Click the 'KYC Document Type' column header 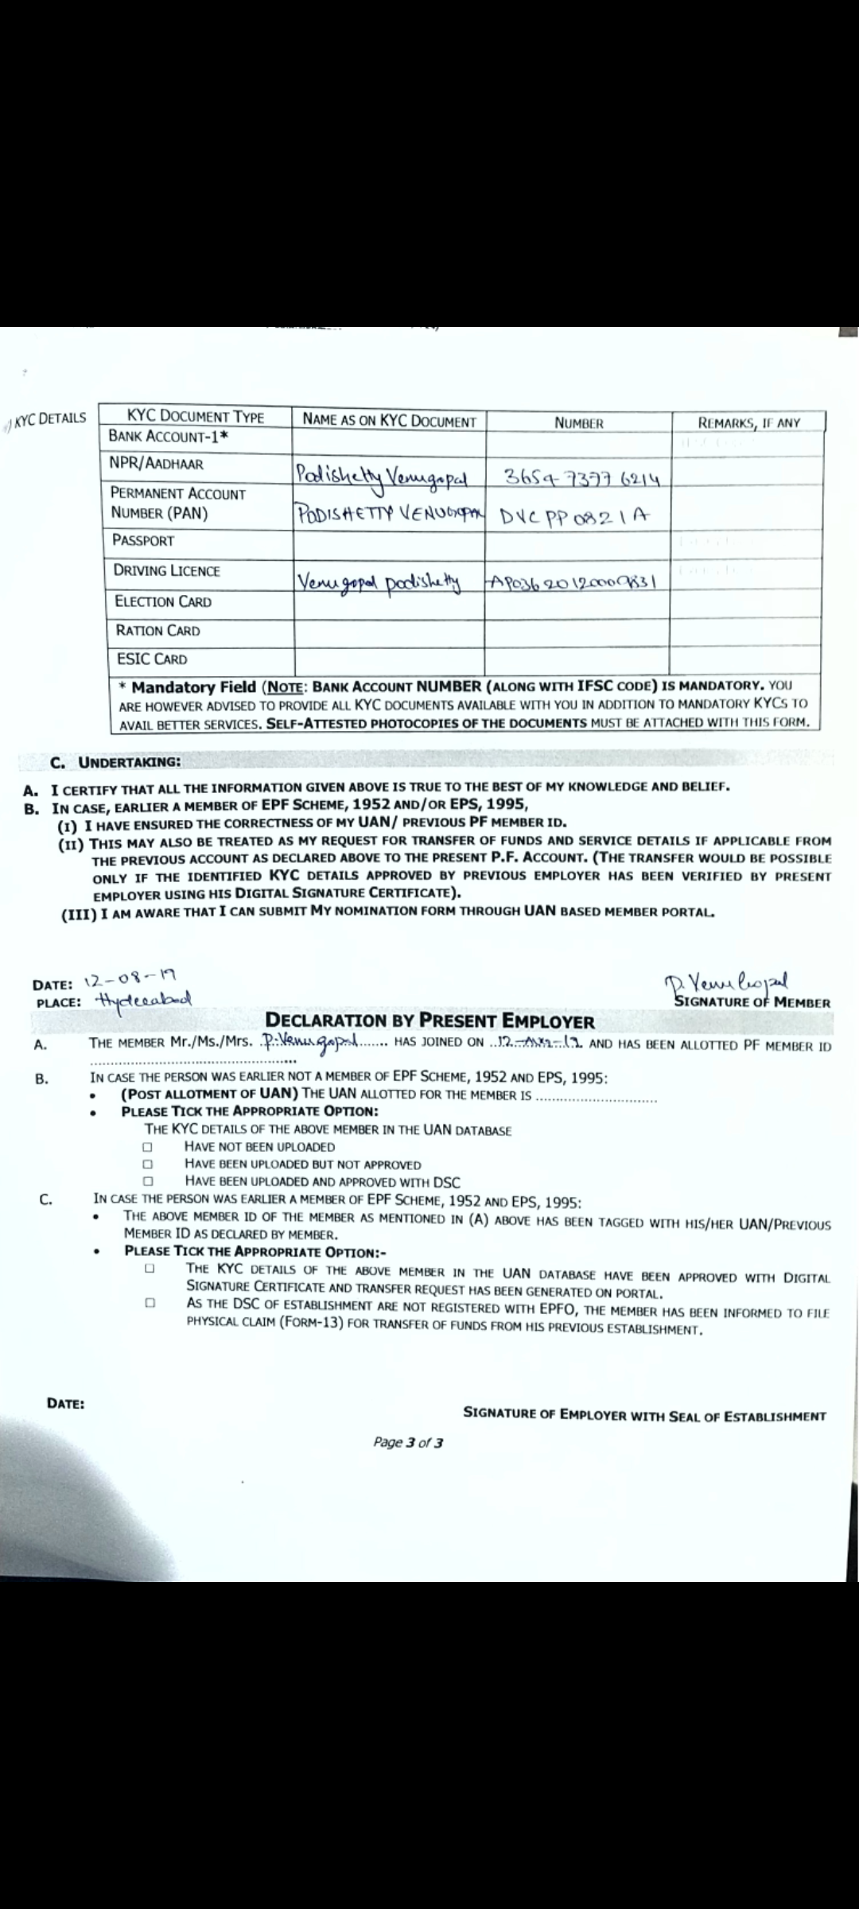point(196,417)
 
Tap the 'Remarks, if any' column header point(748,423)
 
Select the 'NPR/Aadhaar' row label point(156,464)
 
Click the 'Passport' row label point(143,541)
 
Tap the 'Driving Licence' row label point(166,571)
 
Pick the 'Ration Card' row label point(157,631)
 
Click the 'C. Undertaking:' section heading point(115,762)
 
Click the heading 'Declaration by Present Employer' point(429,1021)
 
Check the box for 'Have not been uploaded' point(147,1148)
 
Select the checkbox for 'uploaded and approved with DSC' point(147,1182)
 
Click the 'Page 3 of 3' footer point(409,1442)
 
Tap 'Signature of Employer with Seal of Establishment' point(644,1415)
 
